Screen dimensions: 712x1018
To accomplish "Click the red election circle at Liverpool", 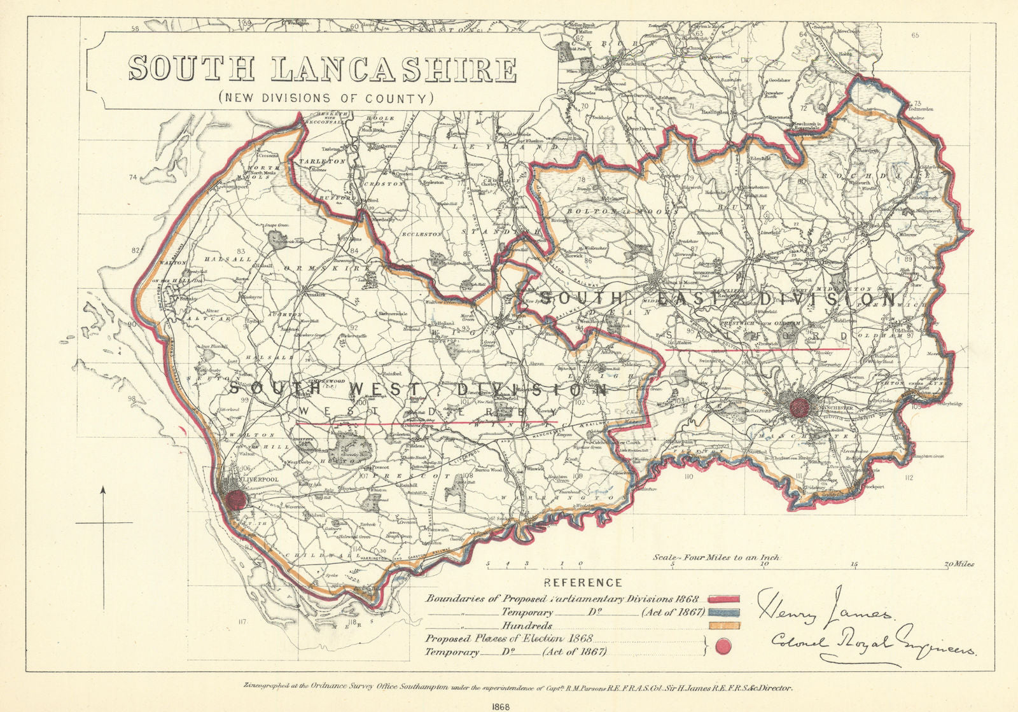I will point(237,499).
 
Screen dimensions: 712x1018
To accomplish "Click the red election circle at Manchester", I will point(799,406).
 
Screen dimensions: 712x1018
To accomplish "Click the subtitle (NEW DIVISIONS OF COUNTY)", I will point(325,99).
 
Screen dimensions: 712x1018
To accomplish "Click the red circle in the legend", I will point(723,648).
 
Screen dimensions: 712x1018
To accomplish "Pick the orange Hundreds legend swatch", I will point(723,626).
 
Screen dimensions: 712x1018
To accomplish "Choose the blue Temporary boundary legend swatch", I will point(723,613).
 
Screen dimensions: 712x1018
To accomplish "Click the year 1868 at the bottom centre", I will point(508,706).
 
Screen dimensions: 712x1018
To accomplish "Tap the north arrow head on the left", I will point(103,489).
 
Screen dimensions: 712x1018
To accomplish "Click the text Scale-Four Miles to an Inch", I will point(716,557).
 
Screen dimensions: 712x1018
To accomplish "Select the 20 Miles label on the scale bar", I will point(959,564).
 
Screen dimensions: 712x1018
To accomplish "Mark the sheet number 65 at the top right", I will point(915,36).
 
